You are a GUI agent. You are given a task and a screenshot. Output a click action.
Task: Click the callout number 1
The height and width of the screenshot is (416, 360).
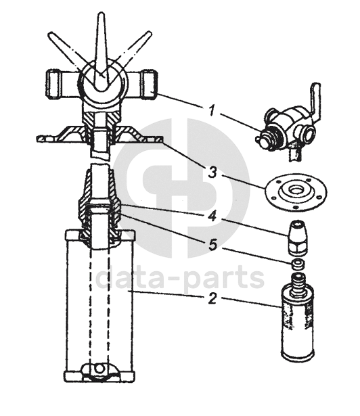[211, 110]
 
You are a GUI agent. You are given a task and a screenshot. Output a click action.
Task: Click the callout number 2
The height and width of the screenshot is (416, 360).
[212, 298]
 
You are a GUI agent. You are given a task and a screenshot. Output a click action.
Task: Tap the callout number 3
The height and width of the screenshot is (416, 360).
[212, 172]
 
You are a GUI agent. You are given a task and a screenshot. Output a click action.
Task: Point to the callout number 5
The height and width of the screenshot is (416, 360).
[212, 244]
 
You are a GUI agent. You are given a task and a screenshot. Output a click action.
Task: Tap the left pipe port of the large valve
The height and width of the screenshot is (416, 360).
[56, 84]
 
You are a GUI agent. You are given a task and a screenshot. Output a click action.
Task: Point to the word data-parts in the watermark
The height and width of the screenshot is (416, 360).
[180, 278]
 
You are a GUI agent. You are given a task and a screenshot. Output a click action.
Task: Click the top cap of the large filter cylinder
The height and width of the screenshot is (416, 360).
[100, 235]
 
